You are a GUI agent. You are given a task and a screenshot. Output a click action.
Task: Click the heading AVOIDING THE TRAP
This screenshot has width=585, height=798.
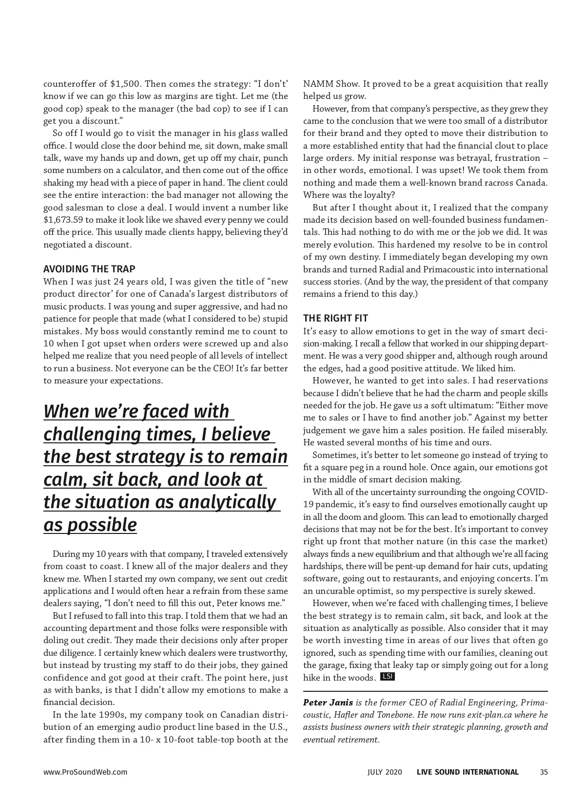coord(89,269)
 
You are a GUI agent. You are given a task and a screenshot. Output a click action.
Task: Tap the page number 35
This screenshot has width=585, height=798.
coord(544,772)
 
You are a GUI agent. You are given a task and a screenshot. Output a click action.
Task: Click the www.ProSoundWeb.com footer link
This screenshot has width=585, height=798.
coord(85,772)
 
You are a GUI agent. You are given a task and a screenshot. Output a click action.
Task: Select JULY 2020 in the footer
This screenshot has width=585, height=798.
coord(385,772)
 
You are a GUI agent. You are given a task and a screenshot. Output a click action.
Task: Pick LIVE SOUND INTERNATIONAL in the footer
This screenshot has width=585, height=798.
coord(468,772)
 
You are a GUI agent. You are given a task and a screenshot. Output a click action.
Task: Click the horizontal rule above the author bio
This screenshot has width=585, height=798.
coord(425,691)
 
